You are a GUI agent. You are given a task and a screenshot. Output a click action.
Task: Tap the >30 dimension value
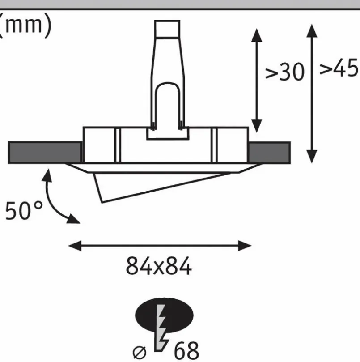285,72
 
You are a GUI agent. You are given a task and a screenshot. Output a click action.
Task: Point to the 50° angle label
24,211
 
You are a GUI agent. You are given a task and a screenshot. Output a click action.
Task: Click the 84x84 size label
159,266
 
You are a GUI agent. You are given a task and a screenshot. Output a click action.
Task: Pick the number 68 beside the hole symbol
186,351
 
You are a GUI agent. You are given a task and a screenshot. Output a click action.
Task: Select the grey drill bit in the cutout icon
161,328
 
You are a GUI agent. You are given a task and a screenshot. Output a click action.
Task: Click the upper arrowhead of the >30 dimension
257,35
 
